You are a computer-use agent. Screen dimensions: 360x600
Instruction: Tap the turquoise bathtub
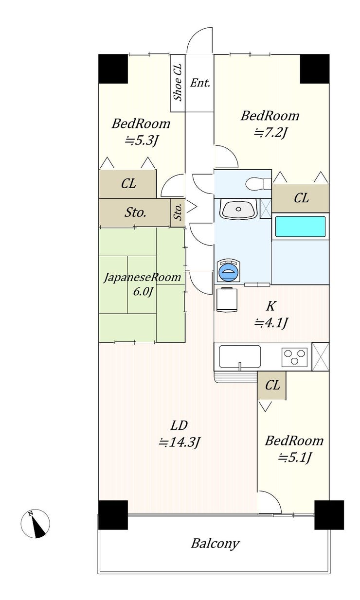(301, 227)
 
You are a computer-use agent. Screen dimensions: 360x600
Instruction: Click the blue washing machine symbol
(228, 270)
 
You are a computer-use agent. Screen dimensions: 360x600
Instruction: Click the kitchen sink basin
(240, 356)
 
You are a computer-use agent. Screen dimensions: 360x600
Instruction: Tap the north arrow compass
(35, 525)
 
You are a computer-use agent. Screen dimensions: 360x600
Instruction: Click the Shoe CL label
(178, 82)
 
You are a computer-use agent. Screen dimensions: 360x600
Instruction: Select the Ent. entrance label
(200, 83)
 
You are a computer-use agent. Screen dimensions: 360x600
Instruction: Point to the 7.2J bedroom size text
(271, 133)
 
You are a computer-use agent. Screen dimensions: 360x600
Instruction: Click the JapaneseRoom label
(143, 278)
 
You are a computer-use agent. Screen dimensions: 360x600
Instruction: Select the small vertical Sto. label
(178, 212)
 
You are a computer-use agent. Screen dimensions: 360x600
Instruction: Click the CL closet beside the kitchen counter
(272, 385)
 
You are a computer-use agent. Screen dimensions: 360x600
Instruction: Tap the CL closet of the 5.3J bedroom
(128, 184)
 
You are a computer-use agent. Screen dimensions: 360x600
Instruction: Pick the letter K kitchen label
(270, 306)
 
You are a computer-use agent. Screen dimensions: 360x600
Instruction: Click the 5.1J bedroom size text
(294, 458)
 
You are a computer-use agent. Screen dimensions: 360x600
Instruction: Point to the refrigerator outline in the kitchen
(227, 299)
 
